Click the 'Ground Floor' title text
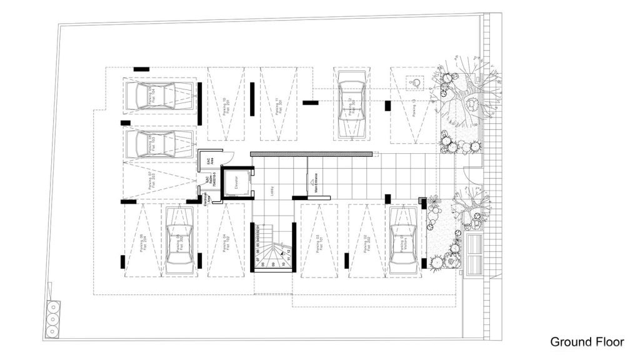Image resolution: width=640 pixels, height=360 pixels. tap(587, 342)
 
